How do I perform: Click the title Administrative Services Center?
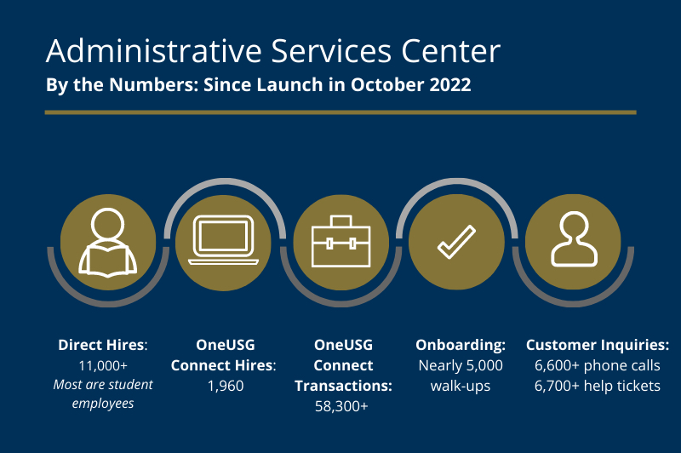(x=272, y=51)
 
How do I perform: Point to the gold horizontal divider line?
(x=340, y=112)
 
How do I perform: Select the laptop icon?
(x=224, y=241)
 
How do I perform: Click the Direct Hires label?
(x=103, y=345)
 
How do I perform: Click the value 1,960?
(x=225, y=386)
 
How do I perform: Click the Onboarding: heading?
(x=461, y=345)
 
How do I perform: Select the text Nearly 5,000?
(x=461, y=365)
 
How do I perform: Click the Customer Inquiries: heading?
(x=597, y=345)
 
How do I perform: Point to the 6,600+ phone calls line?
(x=597, y=365)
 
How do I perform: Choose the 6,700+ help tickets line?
(x=597, y=386)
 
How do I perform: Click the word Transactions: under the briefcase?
(x=343, y=386)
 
